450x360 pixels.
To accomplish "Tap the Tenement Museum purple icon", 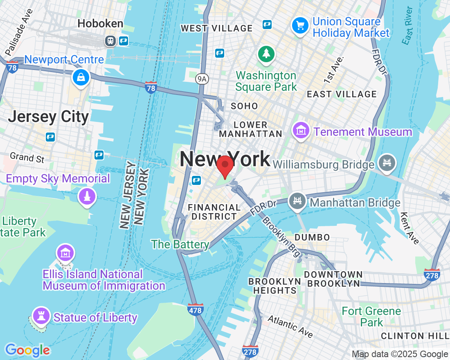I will (301, 131).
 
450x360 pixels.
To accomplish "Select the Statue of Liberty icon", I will (41, 316).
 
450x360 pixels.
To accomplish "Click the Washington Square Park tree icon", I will (266, 54).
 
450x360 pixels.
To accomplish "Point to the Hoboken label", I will (100, 24).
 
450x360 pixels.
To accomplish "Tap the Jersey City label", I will (48, 117).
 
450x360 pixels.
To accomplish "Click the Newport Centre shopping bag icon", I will (81, 76).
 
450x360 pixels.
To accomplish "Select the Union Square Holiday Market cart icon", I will (300, 25).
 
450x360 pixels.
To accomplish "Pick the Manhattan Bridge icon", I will (297, 201).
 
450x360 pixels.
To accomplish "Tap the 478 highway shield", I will (196, 310).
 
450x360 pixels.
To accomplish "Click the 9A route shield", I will (201, 79).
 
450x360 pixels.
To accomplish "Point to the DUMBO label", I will (312, 237).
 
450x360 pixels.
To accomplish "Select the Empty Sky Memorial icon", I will (86, 196).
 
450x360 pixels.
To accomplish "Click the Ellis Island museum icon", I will (65, 253).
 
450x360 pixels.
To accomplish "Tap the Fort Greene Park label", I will (371, 317).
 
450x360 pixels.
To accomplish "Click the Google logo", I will (27, 350).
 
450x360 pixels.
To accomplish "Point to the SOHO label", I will (244, 106).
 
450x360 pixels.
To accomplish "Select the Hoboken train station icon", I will (110, 41).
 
